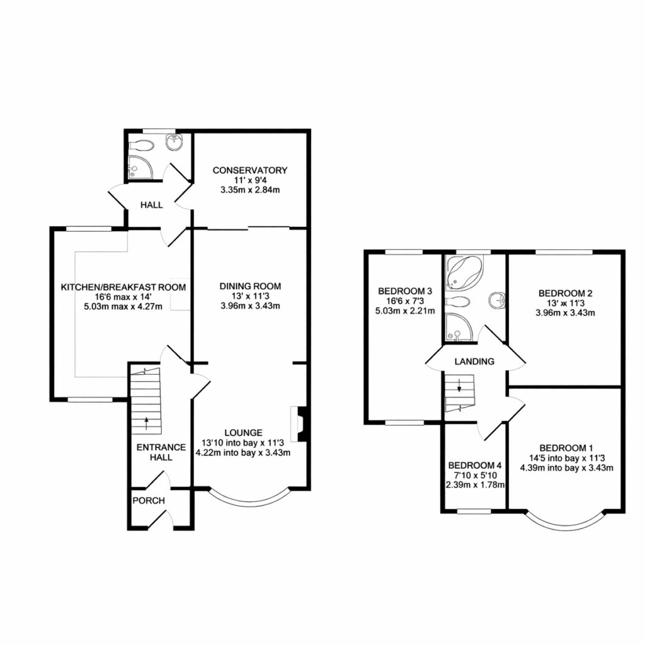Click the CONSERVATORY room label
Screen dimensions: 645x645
click(x=249, y=170)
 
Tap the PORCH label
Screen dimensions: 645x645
click(x=149, y=501)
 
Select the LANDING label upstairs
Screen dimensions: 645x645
click(x=474, y=361)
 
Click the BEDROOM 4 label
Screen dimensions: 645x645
click(x=475, y=465)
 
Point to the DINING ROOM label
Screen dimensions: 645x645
click(x=250, y=287)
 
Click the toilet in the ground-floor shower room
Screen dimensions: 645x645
click(x=141, y=146)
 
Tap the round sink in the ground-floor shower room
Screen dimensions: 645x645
click(x=176, y=142)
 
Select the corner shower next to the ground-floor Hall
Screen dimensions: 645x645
click(x=140, y=168)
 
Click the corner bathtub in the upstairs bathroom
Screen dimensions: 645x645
click(x=465, y=272)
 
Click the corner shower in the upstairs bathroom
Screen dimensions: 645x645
click(x=459, y=327)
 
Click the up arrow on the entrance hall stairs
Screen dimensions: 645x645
click(x=146, y=423)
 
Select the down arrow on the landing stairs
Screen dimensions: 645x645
click(x=459, y=385)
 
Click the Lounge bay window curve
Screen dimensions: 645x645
click(x=250, y=501)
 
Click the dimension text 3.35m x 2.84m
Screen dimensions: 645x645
click(x=250, y=190)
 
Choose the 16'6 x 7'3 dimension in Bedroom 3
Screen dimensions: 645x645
click(x=405, y=301)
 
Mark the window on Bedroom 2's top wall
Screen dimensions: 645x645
click(x=564, y=252)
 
